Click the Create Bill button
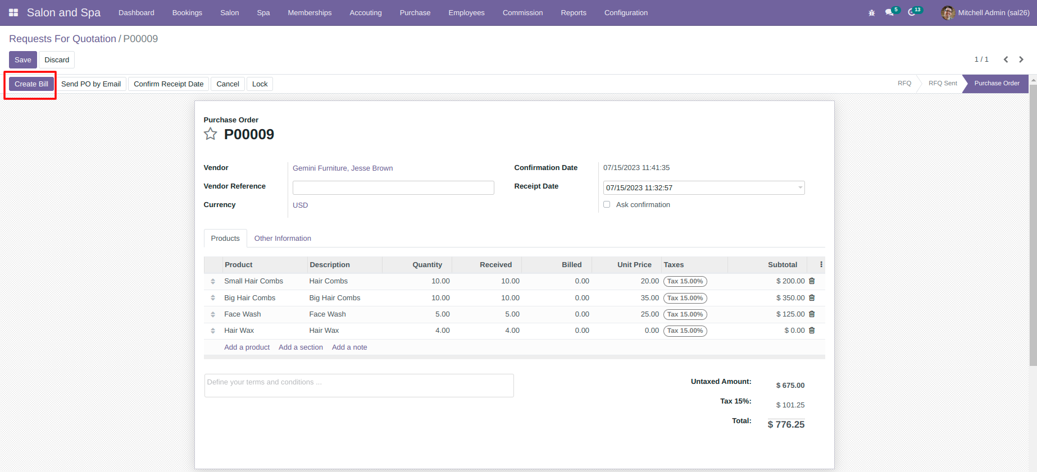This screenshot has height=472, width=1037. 31,84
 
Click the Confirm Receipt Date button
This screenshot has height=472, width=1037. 169,84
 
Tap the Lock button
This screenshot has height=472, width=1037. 260,84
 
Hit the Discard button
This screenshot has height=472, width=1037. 57,60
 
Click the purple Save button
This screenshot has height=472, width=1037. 23,60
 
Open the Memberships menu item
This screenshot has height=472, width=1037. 310,13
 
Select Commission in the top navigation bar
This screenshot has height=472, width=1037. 522,13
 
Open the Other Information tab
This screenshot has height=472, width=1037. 283,239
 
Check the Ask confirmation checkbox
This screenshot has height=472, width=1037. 607,204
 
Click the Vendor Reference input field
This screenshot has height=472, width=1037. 393,187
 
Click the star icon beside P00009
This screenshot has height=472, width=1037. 211,134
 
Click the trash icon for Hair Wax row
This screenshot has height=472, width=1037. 812,331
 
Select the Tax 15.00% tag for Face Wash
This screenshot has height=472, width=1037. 685,314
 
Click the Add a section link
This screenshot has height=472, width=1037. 301,347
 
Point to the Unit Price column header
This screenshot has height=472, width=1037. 634,265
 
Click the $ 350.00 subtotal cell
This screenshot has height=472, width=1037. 790,298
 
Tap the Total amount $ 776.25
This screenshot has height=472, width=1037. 786,425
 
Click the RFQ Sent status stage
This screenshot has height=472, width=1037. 943,83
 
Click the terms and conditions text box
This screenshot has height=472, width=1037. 359,386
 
